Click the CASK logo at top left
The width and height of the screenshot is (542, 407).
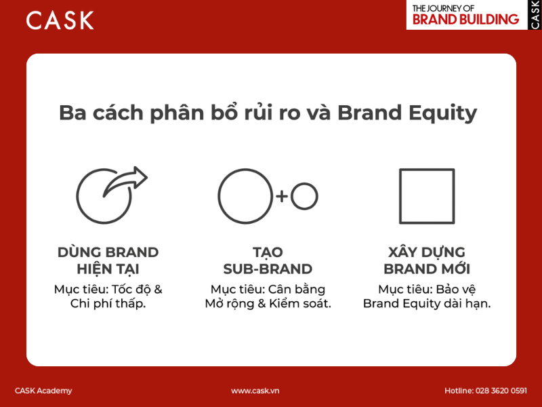coord(60,20)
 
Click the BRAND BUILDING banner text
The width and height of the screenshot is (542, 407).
coord(465,20)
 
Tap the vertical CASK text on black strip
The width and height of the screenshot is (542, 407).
coord(535,14)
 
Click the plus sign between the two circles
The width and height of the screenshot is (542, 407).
coord(282,197)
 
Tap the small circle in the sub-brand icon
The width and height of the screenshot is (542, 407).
coord(304,197)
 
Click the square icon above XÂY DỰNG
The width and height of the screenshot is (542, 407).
coord(426,197)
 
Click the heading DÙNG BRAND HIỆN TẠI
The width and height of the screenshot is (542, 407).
coord(108,260)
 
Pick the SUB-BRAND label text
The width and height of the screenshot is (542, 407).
coord(268,269)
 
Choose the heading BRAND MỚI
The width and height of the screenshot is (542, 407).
coord(427,269)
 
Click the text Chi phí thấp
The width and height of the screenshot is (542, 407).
coord(108,304)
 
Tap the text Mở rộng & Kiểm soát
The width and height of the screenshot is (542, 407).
coord(268,304)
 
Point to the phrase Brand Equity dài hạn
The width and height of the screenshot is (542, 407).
coord(427,304)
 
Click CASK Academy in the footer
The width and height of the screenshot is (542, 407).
coord(43,391)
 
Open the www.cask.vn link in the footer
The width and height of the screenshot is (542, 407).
coord(255,391)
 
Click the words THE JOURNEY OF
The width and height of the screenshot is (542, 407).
coord(444,7)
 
